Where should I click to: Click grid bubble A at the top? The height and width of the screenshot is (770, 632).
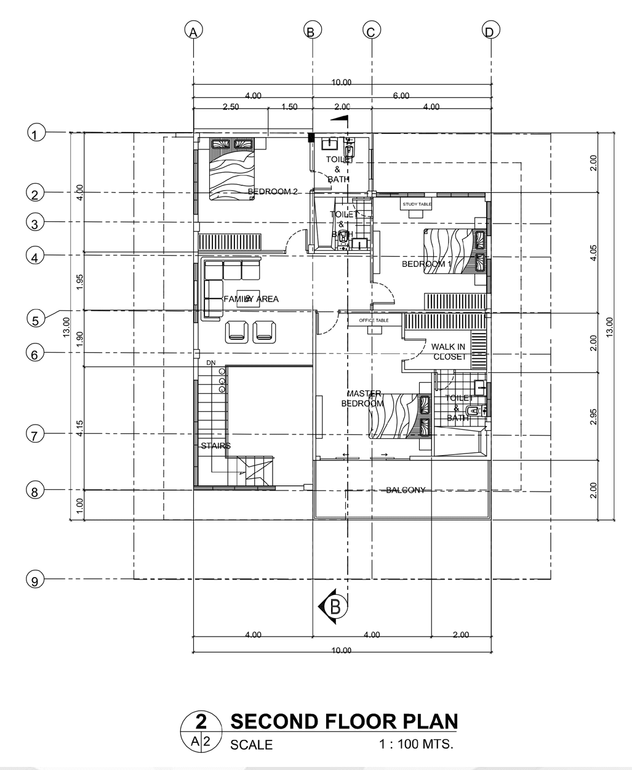(x=193, y=30)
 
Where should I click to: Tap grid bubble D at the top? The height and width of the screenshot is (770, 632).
(x=490, y=30)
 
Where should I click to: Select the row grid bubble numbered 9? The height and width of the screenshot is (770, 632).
(x=35, y=579)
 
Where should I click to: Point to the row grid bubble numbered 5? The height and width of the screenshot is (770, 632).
(x=35, y=319)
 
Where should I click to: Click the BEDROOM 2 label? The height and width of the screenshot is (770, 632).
(x=272, y=192)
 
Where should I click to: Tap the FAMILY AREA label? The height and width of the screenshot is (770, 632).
(x=251, y=299)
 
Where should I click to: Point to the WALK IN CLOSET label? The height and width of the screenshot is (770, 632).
(x=448, y=352)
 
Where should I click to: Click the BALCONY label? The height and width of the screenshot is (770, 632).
(x=406, y=490)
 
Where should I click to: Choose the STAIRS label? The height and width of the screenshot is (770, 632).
(x=215, y=446)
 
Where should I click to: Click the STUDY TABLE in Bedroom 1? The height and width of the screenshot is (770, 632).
(x=417, y=204)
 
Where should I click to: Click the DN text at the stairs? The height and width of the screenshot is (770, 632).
(x=211, y=363)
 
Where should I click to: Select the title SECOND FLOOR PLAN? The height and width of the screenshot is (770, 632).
(x=343, y=721)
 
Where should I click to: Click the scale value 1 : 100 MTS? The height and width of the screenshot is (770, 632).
(x=416, y=744)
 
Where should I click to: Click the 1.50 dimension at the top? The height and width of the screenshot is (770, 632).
(x=289, y=107)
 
